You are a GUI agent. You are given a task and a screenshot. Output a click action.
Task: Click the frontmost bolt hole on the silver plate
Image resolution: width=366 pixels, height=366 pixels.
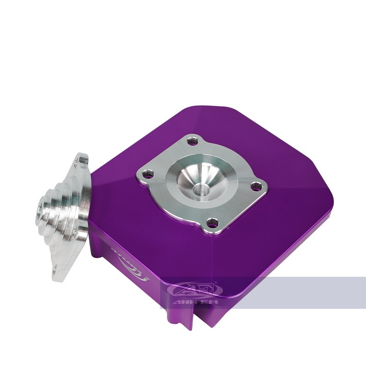(x=211, y=223)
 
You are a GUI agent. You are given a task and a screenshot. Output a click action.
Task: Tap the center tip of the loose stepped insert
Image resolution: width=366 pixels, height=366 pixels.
(x=38, y=211)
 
